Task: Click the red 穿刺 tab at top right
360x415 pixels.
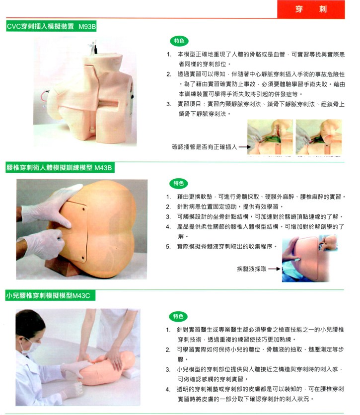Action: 311,9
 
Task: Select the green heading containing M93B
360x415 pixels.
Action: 51,26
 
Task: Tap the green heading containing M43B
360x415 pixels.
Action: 60,167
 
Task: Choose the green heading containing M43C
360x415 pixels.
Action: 50,295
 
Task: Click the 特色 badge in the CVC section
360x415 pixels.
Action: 179,41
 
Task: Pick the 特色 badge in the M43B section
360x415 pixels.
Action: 179,183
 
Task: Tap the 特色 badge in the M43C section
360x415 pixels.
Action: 178,316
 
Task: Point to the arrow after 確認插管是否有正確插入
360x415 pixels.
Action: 245,147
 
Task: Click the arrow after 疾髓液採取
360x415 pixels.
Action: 274,269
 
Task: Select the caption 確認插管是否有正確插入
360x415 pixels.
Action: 205,147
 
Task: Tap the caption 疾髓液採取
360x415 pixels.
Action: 251,269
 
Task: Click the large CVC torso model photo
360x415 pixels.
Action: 85,91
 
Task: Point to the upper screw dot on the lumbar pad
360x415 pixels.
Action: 83,209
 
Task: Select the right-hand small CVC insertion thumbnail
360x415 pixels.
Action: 319,137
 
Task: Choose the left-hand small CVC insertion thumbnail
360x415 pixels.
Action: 270,137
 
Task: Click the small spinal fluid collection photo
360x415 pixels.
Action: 310,258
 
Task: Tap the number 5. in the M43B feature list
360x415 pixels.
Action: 168,247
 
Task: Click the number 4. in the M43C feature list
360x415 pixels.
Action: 168,389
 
